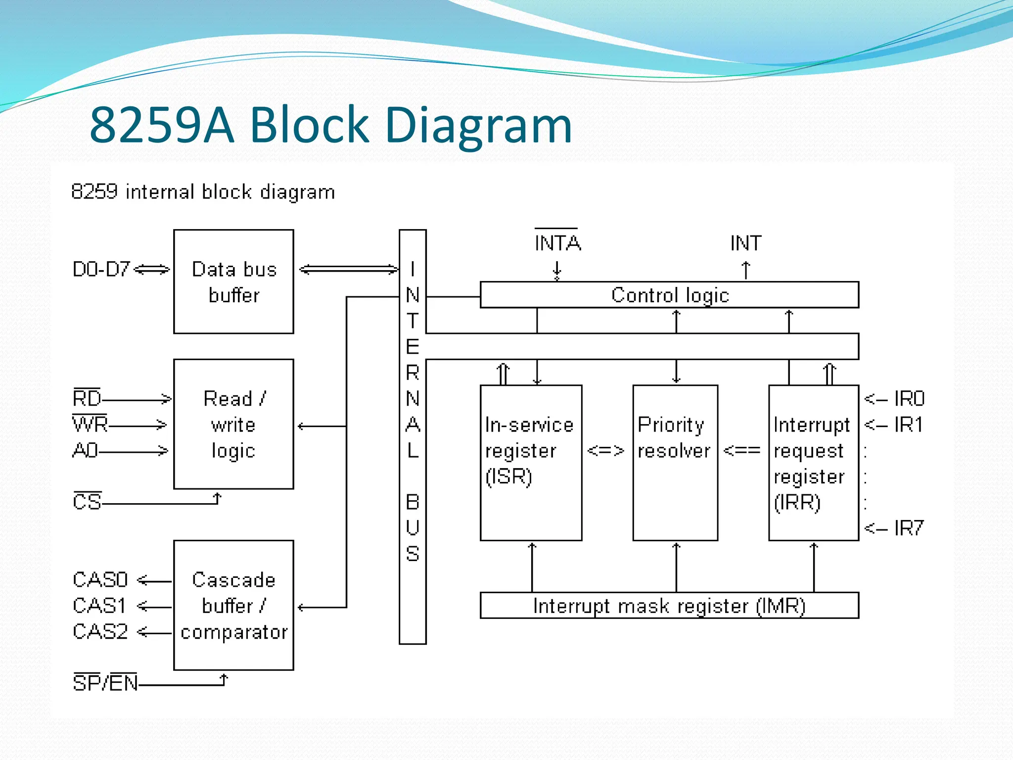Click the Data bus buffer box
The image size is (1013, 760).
[x=233, y=281]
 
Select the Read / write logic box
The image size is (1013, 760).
[x=233, y=424]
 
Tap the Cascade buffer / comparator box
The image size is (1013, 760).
[x=233, y=605]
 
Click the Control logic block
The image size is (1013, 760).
[x=669, y=295]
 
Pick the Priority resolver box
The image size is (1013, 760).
[x=675, y=462]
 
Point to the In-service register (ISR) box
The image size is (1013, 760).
[x=531, y=462]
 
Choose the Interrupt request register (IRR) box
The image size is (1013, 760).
[x=813, y=462]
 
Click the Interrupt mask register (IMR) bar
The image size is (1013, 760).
[x=669, y=605]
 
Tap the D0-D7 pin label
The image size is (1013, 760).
[x=101, y=269]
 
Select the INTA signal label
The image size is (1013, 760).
[x=557, y=243]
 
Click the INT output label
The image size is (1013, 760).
[x=746, y=243]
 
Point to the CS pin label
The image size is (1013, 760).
[x=87, y=501]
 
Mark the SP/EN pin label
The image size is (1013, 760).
[x=105, y=683]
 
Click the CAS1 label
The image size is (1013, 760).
[x=99, y=605]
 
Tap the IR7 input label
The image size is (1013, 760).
[x=908, y=528]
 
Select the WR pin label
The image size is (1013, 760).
[x=90, y=424]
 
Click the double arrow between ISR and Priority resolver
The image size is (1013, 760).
[x=605, y=450]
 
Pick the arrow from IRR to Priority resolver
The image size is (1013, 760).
[x=741, y=450]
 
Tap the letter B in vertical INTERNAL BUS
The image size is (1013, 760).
[x=413, y=502]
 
